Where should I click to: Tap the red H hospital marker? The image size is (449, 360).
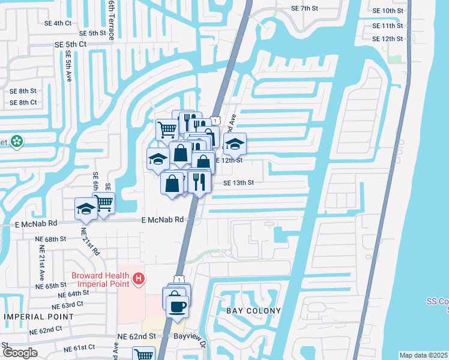(x=139, y=279)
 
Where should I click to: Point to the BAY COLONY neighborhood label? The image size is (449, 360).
(x=253, y=310)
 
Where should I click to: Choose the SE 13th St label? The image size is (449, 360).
(x=239, y=183)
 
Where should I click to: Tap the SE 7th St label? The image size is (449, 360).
(x=304, y=8)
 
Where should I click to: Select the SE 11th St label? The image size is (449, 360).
(x=387, y=26)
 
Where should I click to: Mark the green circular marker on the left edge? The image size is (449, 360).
(x=17, y=141)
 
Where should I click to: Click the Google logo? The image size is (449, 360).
(x=20, y=353)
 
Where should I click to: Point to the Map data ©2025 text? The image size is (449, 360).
(x=423, y=355)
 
